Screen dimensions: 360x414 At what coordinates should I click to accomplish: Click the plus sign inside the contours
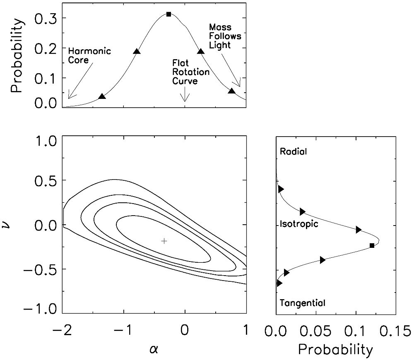click(x=164, y=241)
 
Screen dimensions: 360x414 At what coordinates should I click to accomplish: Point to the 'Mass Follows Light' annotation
click(x=225, y=36)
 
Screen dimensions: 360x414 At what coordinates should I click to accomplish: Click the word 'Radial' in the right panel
click(x=293, y=151)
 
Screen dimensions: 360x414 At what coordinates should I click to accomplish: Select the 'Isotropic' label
click(x=299, y=224)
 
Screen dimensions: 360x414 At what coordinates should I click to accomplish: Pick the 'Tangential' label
click(x=303, y=303)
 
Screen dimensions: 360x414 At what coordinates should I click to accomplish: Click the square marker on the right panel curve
click(x=372, y=245)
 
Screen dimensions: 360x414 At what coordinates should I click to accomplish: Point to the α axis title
click(x=154, y=349)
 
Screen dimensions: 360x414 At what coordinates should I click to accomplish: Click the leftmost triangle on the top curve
click(x=102, y=96)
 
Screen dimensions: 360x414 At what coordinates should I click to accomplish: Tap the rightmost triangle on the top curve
click(x=232, y=91)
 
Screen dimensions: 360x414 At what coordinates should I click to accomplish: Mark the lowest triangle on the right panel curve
click(x=279, y=283)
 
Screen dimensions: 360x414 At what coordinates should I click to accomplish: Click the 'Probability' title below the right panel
click(x=335, y=350)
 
